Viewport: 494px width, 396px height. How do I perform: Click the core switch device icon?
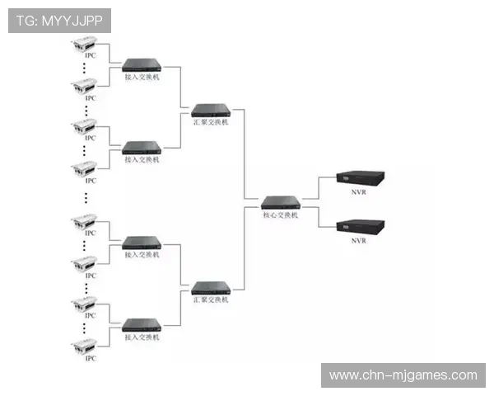pos(280,201)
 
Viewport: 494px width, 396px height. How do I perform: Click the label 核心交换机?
pos(280,214)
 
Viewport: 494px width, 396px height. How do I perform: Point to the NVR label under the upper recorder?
pos(358,194)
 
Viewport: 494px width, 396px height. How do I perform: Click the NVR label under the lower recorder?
pos(358,241)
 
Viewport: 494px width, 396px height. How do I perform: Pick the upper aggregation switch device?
pos(210,109)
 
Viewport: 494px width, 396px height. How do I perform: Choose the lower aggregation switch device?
pos(210,288)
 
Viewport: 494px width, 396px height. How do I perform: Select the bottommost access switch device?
pos(142,324)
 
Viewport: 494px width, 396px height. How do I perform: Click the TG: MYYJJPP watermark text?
pos(59,21)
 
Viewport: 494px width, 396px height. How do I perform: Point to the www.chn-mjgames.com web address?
pos(403,375)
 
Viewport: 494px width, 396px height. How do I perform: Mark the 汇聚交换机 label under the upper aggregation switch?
pos(210,122)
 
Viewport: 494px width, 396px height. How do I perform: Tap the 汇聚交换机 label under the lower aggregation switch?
pos(210,301)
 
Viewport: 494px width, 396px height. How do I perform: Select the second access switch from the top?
pos(142,148)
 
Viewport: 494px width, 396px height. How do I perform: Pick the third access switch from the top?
pos(142,243)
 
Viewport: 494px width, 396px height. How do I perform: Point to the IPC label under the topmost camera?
pos(91,55)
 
